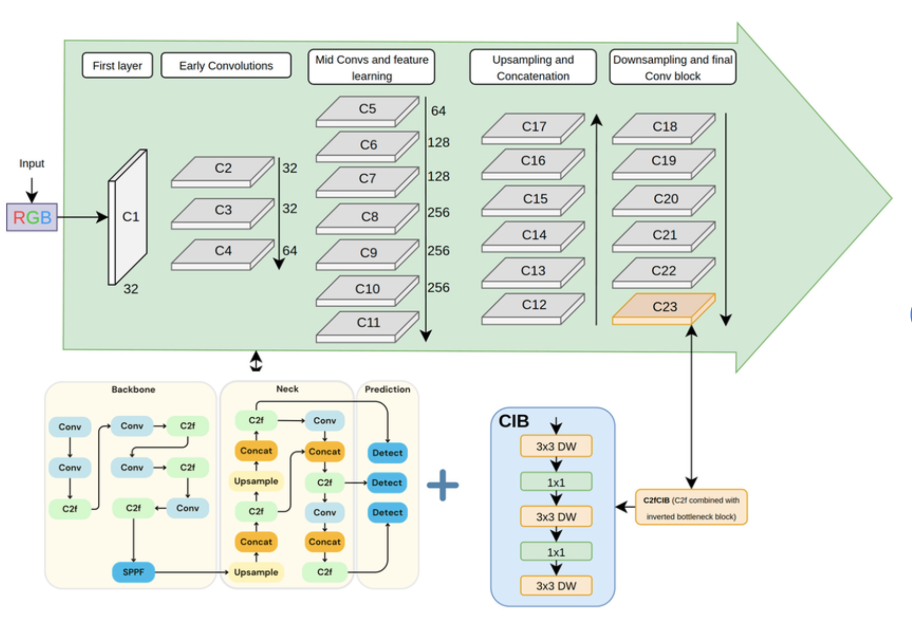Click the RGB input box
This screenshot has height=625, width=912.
tap(32, 217)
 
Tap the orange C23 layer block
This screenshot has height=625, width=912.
tap(664, 307)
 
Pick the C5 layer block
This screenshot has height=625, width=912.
tap(367, 109)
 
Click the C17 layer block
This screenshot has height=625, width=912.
tap(533, 127)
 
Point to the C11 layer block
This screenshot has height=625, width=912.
tap(368, 323)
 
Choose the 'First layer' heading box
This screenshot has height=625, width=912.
tap(117, 66)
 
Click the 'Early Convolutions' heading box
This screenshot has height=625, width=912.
tap(226, 66)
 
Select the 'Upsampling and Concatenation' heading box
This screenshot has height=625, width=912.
tap(533, 67)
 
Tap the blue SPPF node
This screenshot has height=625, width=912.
tap(133, 572)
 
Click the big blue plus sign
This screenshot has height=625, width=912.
tap(442, 485)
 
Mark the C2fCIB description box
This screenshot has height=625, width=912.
tap(691, 508)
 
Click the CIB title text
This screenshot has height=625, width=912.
tap(513, 421)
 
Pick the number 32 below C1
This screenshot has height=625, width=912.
tap(131, 289)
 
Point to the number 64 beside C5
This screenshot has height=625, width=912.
tap(438, 111)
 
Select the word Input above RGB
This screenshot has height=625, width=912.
tap(32, 164)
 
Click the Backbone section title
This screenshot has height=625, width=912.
tap(133, 389)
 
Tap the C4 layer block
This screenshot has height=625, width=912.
tap(223, 251)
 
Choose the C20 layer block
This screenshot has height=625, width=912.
tap(665, 199)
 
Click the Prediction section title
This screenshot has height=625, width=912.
tap(387, 389)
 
